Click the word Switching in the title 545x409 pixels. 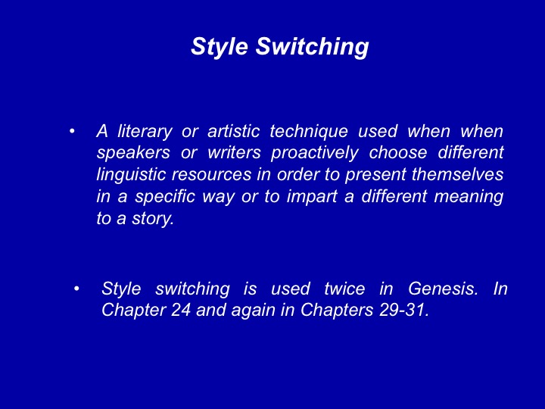point(312,46)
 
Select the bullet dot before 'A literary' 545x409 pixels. point(72,132)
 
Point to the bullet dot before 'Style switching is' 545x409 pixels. point(76,289)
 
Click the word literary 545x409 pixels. point(145,131)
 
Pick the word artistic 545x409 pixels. point(234,131)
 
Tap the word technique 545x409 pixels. point(309,131)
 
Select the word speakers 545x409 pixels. point(133,153)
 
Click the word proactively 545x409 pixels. point(315,153)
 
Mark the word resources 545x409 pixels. point(211,175)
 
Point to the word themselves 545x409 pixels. point(457,174)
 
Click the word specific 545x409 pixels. point(165,196)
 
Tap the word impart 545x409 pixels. point(312,197)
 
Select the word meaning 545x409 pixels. point(469,197)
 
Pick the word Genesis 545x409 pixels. point(443,289)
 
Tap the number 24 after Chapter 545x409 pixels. point(181,310)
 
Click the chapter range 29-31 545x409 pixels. point(404,310)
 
